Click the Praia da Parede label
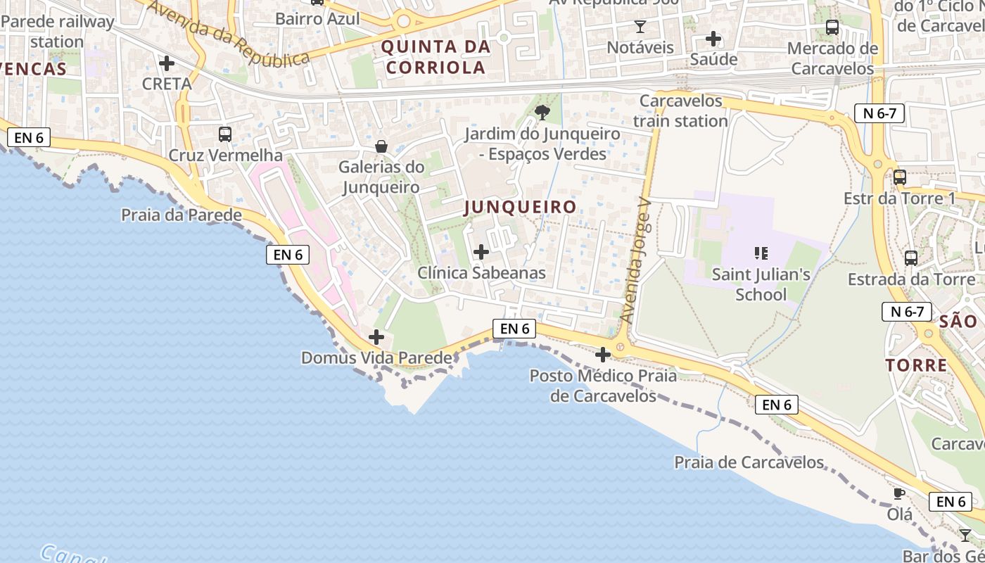pos(182,215)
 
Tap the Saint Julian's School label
pos(761,284)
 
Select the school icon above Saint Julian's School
pos(761,253)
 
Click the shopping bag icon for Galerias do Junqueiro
pos(381,146)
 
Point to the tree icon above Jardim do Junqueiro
pos(542,112)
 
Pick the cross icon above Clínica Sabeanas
pos(481,252)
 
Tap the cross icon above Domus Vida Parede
pos(376,337)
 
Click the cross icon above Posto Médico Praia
pos(603,355)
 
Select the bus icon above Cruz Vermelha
pos(225,134)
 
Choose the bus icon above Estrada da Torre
pos(911,258)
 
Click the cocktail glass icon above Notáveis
pos(640,27)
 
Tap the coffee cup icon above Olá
pos(898,493)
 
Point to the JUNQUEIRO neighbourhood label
pos(520,207)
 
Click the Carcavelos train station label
pos(680,110)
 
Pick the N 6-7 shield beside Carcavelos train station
pos(879,113)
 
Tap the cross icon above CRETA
pos(167,63)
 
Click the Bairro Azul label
pos(317,19)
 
